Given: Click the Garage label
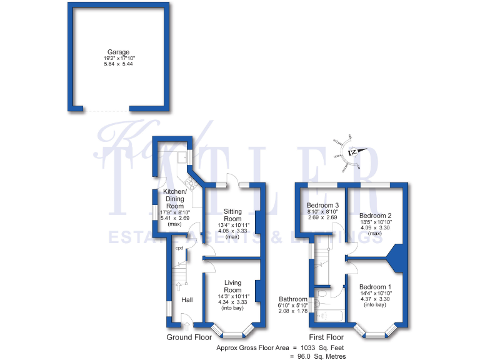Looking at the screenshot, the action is tap(118, 52).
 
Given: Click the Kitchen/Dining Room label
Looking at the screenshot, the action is tap(174, 199).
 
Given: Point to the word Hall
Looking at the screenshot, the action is tap(187, 301).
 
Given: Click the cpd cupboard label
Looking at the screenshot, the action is tap(179, 248).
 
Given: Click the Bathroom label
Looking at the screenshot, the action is tap(293, 299).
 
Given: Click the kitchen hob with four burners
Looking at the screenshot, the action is tap(188, 182).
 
